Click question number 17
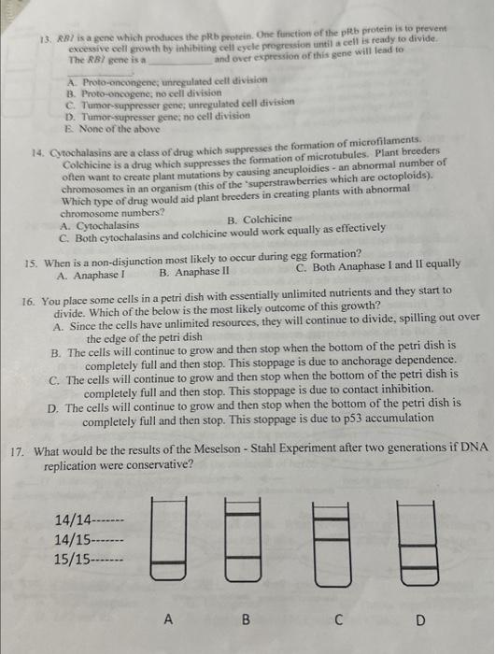pyautogui.click(x=17, y=450)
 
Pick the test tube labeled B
pyautogui.click(x=244, y=541)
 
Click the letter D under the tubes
pyautogui.click(x=419, y=618)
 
